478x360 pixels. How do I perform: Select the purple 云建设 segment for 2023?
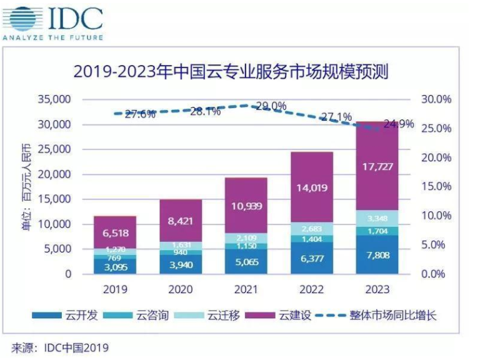pos(377,166)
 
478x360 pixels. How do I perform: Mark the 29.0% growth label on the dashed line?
pos(271,106)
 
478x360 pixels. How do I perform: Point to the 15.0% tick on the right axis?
pos(436,186)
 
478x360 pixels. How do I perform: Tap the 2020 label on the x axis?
pos(180,289)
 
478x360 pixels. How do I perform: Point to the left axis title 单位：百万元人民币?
pos(26,187)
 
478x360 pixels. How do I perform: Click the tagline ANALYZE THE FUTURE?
pos(52,38)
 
